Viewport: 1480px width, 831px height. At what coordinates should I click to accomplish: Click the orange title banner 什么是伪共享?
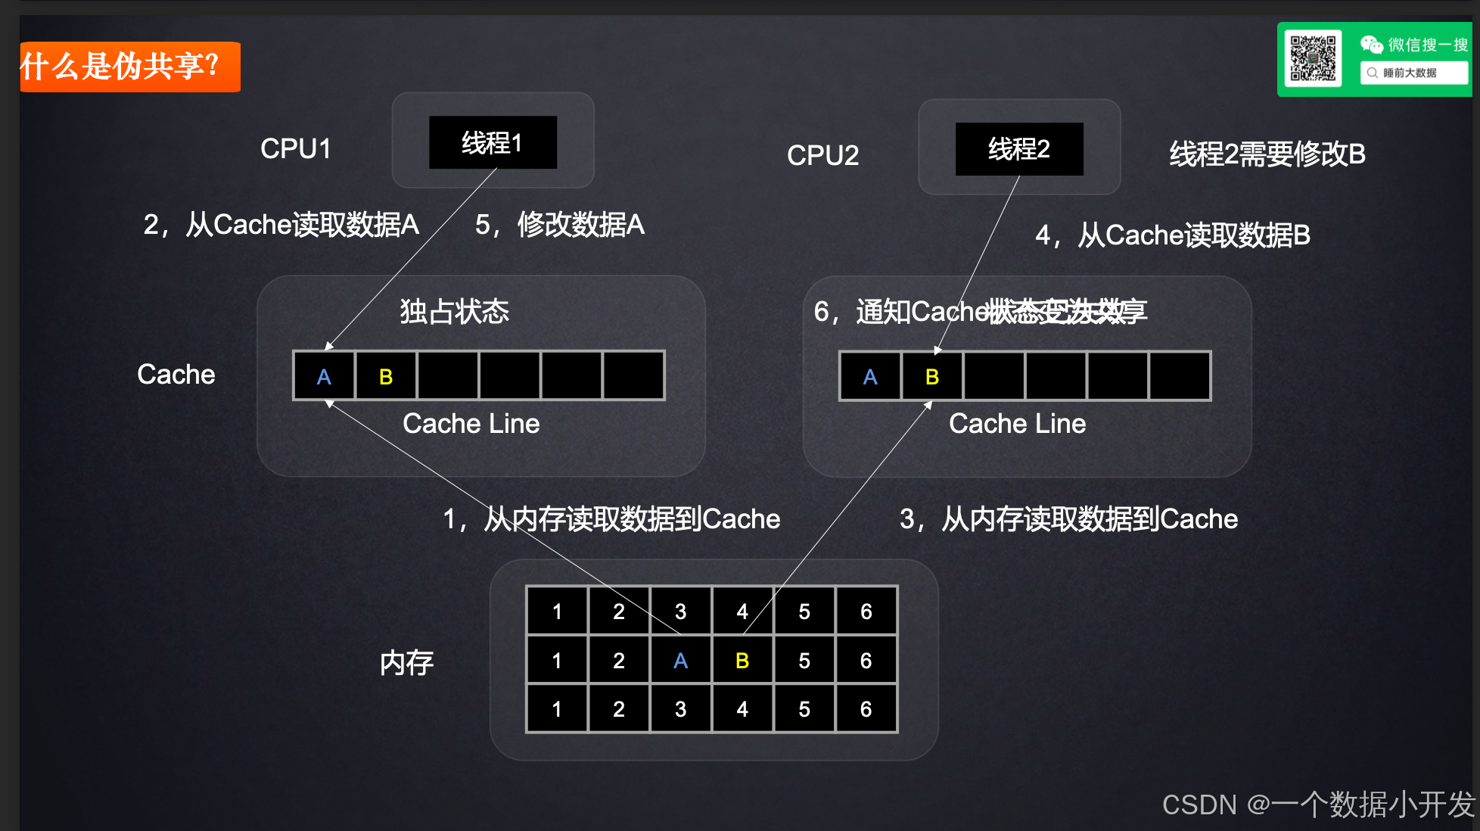129,67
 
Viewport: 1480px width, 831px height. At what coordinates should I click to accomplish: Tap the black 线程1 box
493,142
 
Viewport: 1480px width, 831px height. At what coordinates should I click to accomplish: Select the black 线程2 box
1018,149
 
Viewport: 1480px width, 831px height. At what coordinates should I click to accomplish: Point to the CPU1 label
295,149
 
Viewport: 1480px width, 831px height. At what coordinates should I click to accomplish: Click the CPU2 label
822,155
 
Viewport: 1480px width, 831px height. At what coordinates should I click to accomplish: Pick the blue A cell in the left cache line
324,376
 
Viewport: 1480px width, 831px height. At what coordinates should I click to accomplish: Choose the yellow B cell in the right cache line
932,376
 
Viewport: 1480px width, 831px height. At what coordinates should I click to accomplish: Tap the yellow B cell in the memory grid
742,661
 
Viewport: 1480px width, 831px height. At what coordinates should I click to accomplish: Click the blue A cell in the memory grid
680,661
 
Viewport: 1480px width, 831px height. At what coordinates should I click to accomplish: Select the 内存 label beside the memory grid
406,663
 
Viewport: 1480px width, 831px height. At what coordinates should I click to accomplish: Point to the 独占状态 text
454,311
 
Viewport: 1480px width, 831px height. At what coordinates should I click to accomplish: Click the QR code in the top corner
1313,58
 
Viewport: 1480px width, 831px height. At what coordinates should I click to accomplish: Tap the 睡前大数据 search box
1413,73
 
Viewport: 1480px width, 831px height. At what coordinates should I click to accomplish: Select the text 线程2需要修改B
1267,154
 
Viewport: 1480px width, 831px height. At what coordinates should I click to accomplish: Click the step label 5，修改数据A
559,225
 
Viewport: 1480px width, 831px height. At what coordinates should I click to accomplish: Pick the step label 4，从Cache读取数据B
1172,235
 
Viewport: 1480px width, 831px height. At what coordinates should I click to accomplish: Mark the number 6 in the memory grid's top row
866,612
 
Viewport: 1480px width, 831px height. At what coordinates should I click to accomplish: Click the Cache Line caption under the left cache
471,424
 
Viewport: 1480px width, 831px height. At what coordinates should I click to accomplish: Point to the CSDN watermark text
1318,804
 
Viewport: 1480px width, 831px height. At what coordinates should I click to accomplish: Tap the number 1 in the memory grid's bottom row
557,709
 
